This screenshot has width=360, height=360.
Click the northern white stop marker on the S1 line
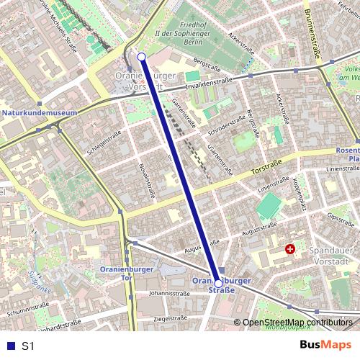(141, 57)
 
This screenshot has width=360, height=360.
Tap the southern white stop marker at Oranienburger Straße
(218, 284)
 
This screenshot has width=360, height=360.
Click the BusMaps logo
(325, 346)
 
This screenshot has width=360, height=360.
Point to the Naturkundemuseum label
(40, 113)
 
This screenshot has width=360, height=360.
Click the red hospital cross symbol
(290, 249)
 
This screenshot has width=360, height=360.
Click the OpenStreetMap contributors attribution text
(297, 323)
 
